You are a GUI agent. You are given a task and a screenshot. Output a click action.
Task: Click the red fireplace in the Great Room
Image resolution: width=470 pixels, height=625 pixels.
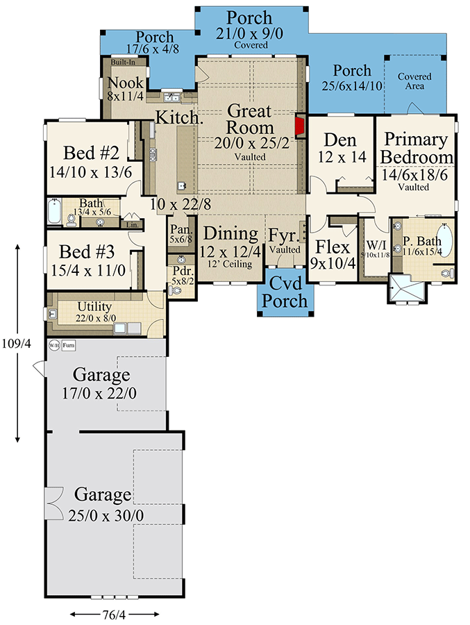pyautogui.click(x=301, y=126)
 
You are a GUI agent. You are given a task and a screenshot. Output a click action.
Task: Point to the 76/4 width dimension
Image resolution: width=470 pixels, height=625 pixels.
pyautogui.click(x=115, y=614)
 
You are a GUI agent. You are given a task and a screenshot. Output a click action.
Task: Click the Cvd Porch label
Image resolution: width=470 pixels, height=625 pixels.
pyautogui.click(x=285, y=292)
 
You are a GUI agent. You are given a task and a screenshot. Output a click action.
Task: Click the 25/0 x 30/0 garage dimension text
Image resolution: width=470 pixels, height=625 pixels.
pyautogui.click(x=103, y=515)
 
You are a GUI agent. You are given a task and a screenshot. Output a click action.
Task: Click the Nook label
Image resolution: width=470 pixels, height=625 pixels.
pyautogui.click(x=126, y=83)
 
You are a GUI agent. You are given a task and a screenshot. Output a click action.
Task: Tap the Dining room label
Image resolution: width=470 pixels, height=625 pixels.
pyautogui.click(x=230, y=234)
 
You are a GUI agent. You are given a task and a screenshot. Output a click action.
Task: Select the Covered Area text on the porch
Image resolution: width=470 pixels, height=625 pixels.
pyautogui.click(x=414, y=81)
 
